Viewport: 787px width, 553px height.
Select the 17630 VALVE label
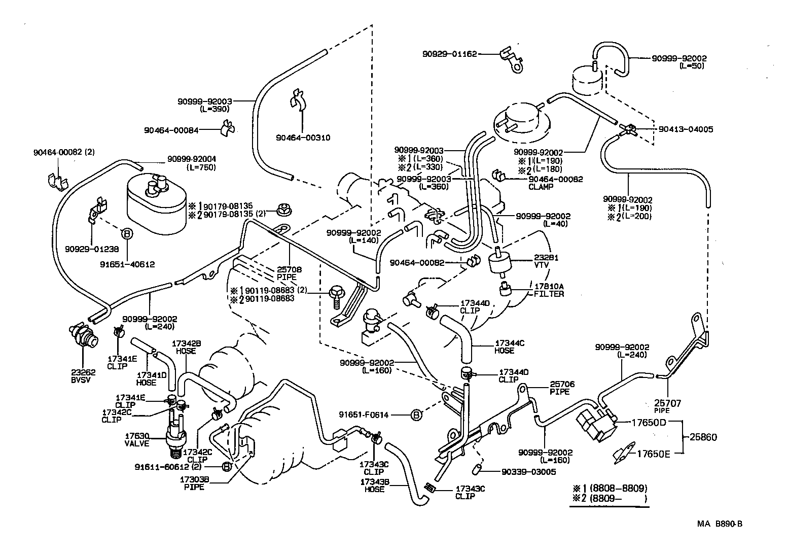click(137, 439)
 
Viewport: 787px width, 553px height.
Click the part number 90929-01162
click(449, 53)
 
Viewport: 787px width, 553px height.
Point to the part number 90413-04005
click(686, 129)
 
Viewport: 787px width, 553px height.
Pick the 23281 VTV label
click(546, 261)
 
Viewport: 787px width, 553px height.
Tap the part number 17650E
click(654, 454)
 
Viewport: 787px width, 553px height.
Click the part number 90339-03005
click(529, 472)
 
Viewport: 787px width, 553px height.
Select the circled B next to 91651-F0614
click(416, 415)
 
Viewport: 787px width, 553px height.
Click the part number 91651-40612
click(127, 264)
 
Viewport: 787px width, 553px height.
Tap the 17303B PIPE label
click(194, 483)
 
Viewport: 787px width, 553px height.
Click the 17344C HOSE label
click(509, 347)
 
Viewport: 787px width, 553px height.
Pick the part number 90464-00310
click(303, 137)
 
